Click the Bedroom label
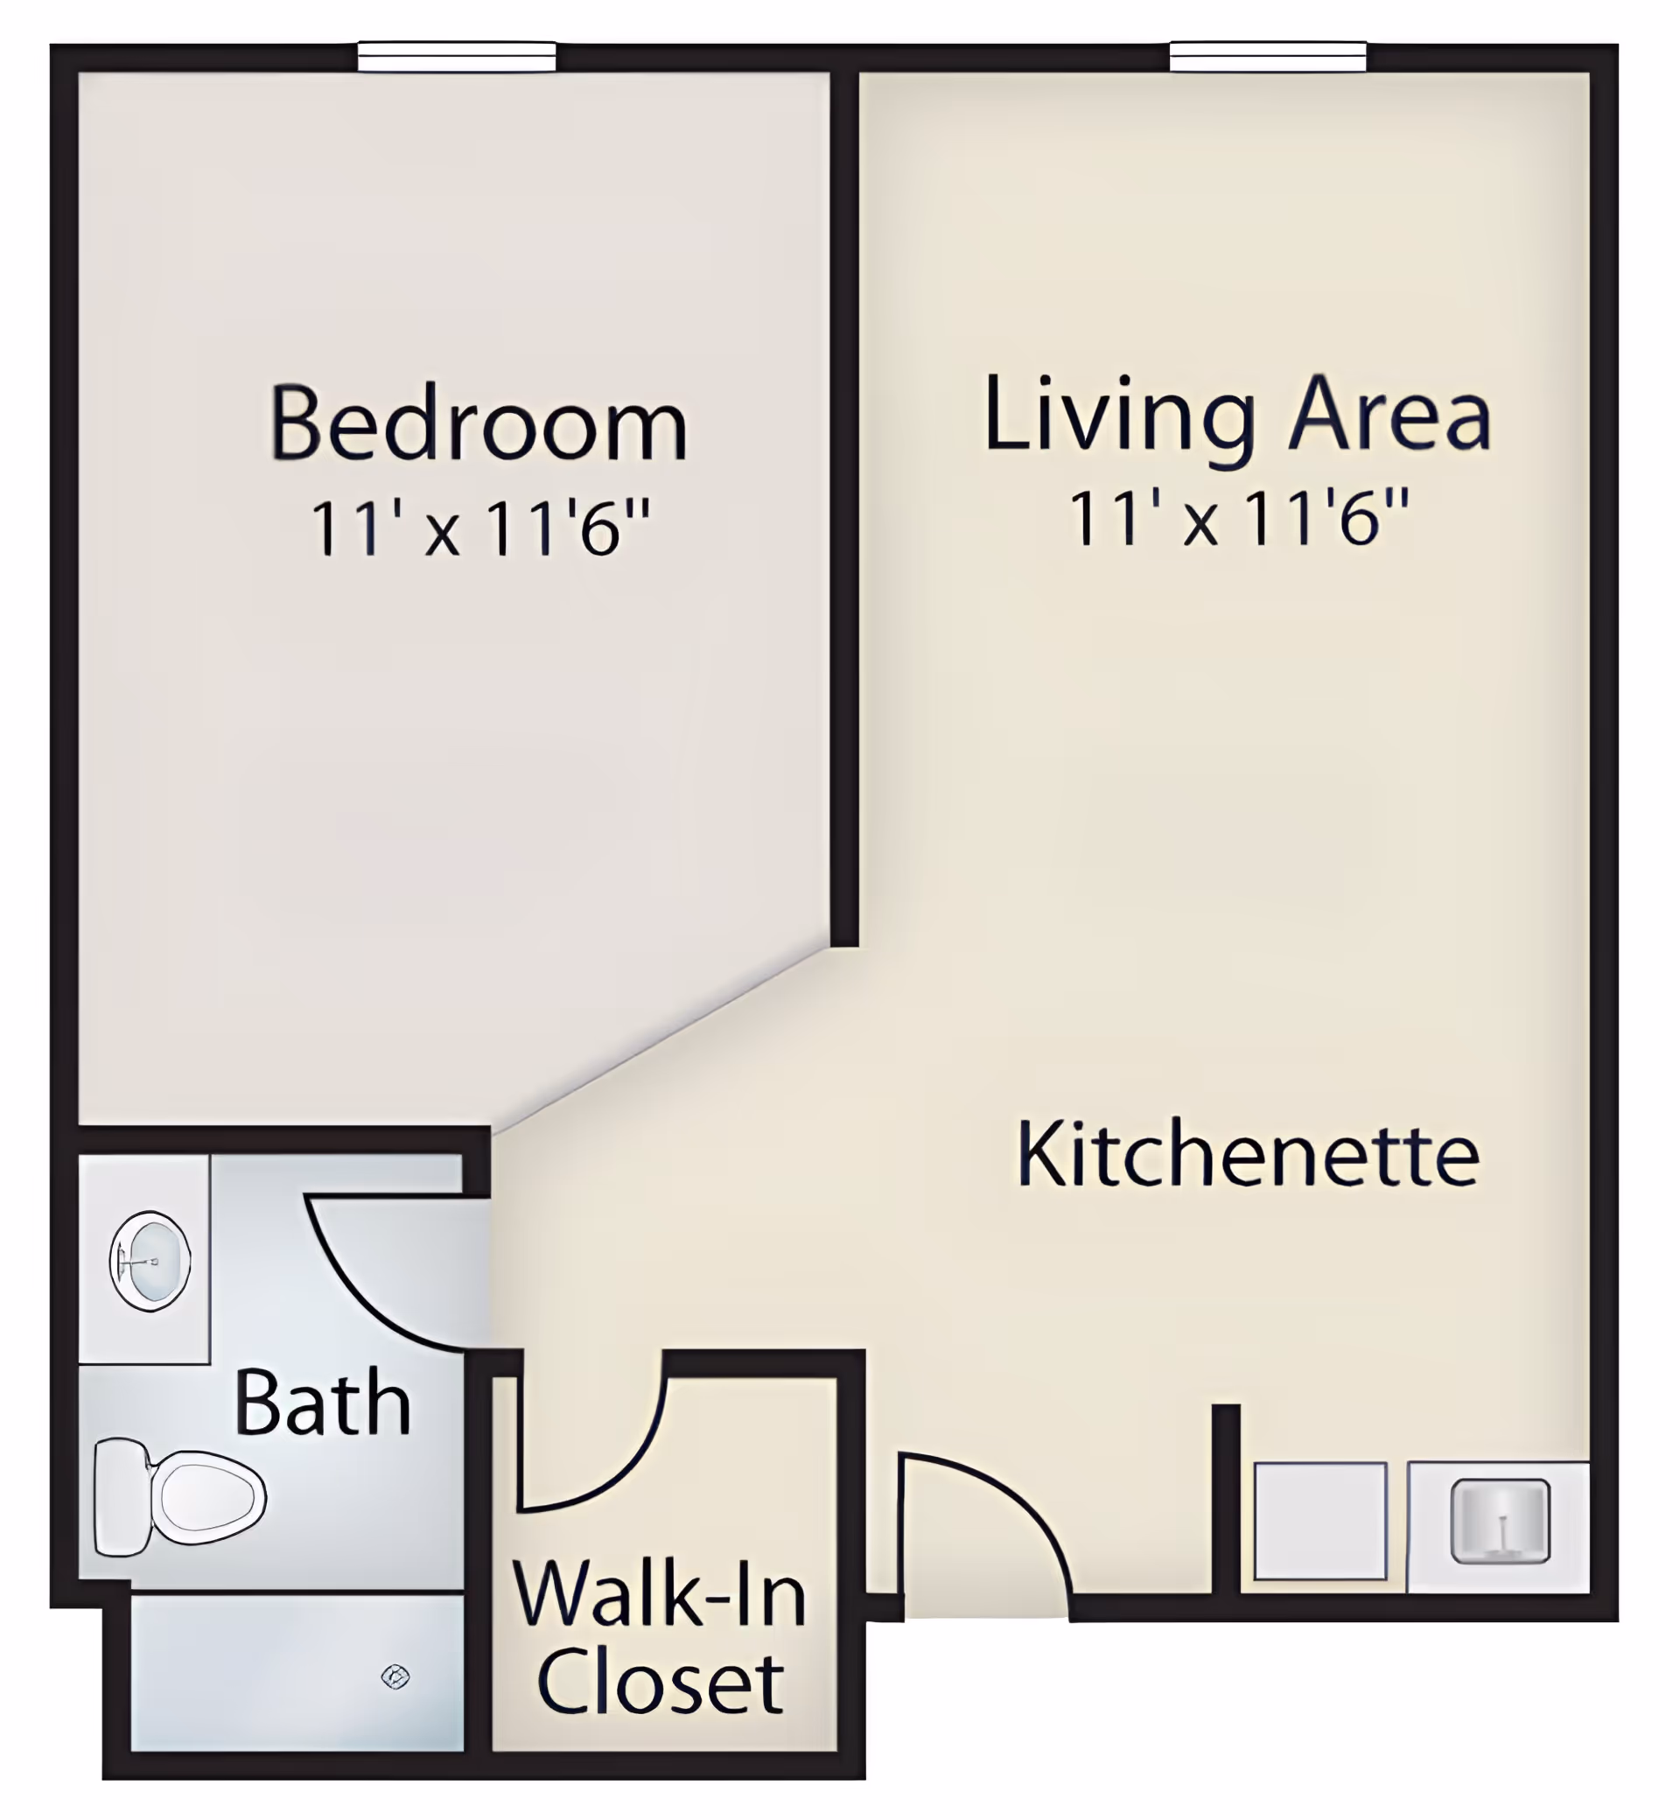coord(479,424)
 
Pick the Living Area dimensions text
coord(1238,518)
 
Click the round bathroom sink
coord(150,1261)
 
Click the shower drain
coord(395,1676)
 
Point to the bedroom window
coord(457,56)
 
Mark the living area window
coord(1268,56)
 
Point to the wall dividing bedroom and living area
coord(844,509)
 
